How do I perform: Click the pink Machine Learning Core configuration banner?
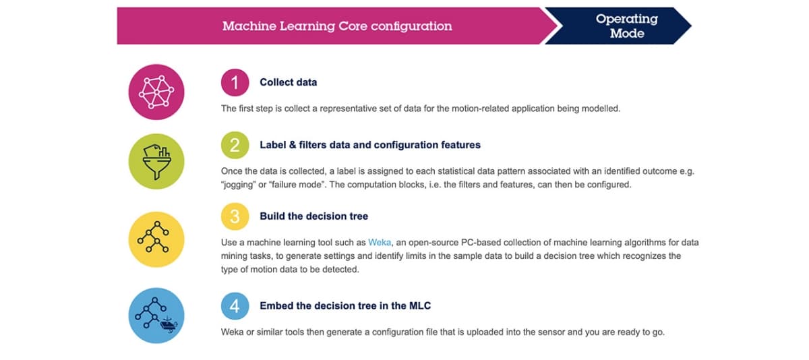pos(336,26)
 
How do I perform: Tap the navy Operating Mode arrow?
pos(621,26)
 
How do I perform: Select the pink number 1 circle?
pos(235,82)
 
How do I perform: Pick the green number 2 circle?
pos(235,145)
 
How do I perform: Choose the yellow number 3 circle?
pos(235,216)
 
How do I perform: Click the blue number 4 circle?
pos(235,306)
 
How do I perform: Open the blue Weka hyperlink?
pos(379,242)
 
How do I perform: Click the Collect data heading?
pos(289,82)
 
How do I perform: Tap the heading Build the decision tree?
pos(314,216)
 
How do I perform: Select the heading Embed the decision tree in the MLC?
pos(345,306)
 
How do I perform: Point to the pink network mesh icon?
pos(156,92)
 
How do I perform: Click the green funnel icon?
pos(156,161)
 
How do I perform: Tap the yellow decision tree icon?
pos(156,239)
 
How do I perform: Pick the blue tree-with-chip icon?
pos(156,316)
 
